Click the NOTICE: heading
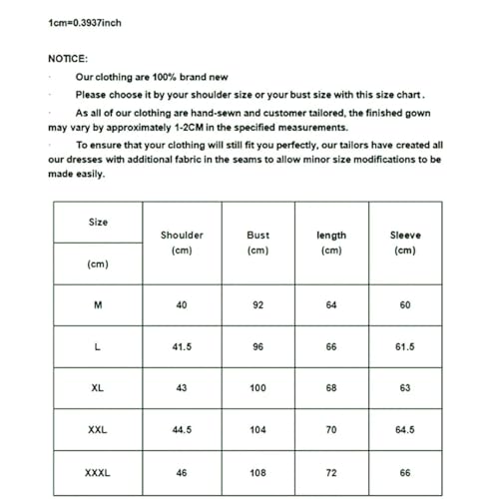pyautogui.click(x=68, y=59)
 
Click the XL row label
pyautogui.click(x=97, y=387)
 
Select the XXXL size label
pyautogui.click(x=97, y=472)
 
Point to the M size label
pyautogui.click(x=97, y=304)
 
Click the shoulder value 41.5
pyautogui.click(x=182, y=346)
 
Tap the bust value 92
pyautogui.click(x=257, y=304)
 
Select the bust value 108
pyautogui.click(x=257, y=472)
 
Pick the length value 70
pyautogui.click(x=331, y=430)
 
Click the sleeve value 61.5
pyautogui.click(x=405, y=346)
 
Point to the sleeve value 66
pyautogui.click(x=405, y=472)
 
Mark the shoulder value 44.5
pyautogui.click(x=182, y=430)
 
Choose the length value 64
pyautogui.click(x=331, y=304)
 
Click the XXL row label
pyautogui.click(x=97, y=430)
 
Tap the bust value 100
pyautogui.click(x=257, y=387)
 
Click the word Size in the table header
pyautogui.click(x=98, y=222)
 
